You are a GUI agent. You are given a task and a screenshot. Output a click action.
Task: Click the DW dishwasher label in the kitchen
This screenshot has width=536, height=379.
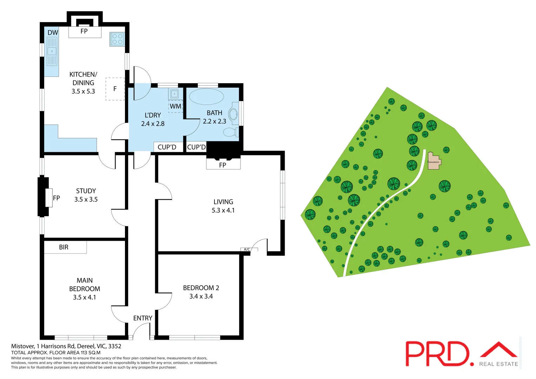[x=53, y=33]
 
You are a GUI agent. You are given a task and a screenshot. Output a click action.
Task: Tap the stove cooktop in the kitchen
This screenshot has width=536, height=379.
[x=117, y=39]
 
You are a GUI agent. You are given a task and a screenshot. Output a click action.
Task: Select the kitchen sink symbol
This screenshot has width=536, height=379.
[x=52, y=51]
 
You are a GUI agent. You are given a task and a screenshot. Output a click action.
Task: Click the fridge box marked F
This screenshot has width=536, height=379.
[x=115, y=89]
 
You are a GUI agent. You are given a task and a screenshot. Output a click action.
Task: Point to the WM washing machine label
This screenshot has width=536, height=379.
[x=176, y=106]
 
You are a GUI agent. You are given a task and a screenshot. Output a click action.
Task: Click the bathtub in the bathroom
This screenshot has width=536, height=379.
[x=206, y=97]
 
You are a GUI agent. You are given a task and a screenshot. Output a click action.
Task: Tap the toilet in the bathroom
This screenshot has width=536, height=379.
[x=230, y=132]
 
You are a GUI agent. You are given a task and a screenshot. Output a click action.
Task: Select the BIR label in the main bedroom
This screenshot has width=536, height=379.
[x=64, y=247]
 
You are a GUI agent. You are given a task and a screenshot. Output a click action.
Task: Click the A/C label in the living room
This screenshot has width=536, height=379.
[x=247, y=250]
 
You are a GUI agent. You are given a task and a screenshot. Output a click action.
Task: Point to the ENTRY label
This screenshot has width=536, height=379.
[x=143, y=318]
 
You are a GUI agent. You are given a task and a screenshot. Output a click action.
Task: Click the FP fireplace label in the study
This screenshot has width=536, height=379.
[x=56, y=198]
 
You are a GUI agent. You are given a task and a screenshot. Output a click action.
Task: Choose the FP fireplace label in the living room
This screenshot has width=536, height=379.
[x=223, y=165]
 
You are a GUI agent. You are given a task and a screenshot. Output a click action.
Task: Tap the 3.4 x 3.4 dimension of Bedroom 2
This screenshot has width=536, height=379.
[x=201, y=296]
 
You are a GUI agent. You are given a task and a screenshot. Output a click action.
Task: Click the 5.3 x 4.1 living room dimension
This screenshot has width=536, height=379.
[x=223, y=210]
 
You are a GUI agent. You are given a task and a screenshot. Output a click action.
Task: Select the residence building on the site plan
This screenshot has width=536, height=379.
[x=434, y=161]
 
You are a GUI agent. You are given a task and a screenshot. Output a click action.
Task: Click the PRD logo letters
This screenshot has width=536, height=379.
[x=437, y=354]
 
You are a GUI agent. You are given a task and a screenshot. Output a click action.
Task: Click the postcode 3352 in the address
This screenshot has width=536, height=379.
[x=115, y=346]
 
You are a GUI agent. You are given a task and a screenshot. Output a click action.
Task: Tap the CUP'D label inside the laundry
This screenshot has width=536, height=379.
[x=167, y=147]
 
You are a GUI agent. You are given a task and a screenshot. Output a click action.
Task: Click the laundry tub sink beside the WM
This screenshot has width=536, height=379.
[x=174, y=94]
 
